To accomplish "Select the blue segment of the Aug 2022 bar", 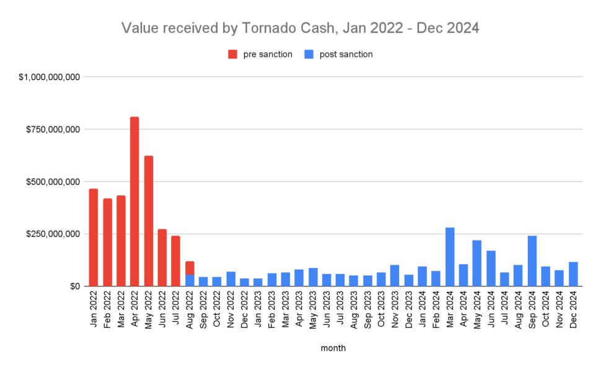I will click(x=190, y=280).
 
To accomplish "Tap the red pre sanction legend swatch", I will click(x=233, y=55).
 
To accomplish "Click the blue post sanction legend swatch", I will click(x=309, y=55).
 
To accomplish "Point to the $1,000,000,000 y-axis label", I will click(x=50, y=77).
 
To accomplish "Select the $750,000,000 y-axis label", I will click(x=54, y=130).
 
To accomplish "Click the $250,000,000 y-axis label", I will click(x=54, y=234).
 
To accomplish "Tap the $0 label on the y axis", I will click(x=75, y=286).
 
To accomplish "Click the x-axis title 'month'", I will click(x=333, y=348).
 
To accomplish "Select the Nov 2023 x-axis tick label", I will click(x=395, y=310).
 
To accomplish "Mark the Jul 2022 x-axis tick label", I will click(x=176, y=310).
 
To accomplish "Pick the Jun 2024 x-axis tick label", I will click(x=491, y=310).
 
